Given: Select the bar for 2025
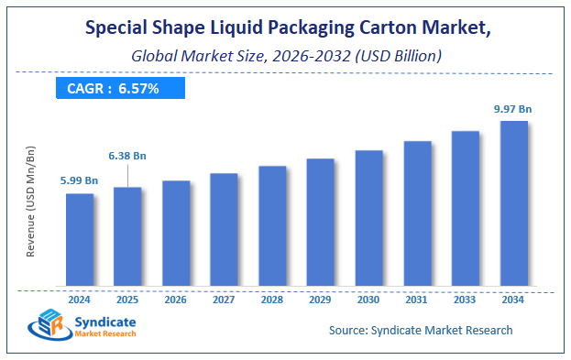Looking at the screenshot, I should [127, 235].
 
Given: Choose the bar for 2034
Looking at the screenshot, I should [513, 202].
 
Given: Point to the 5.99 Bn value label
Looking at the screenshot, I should [80, 180].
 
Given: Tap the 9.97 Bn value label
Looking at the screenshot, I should [512, 108].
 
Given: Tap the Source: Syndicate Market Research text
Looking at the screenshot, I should [421, 330].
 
